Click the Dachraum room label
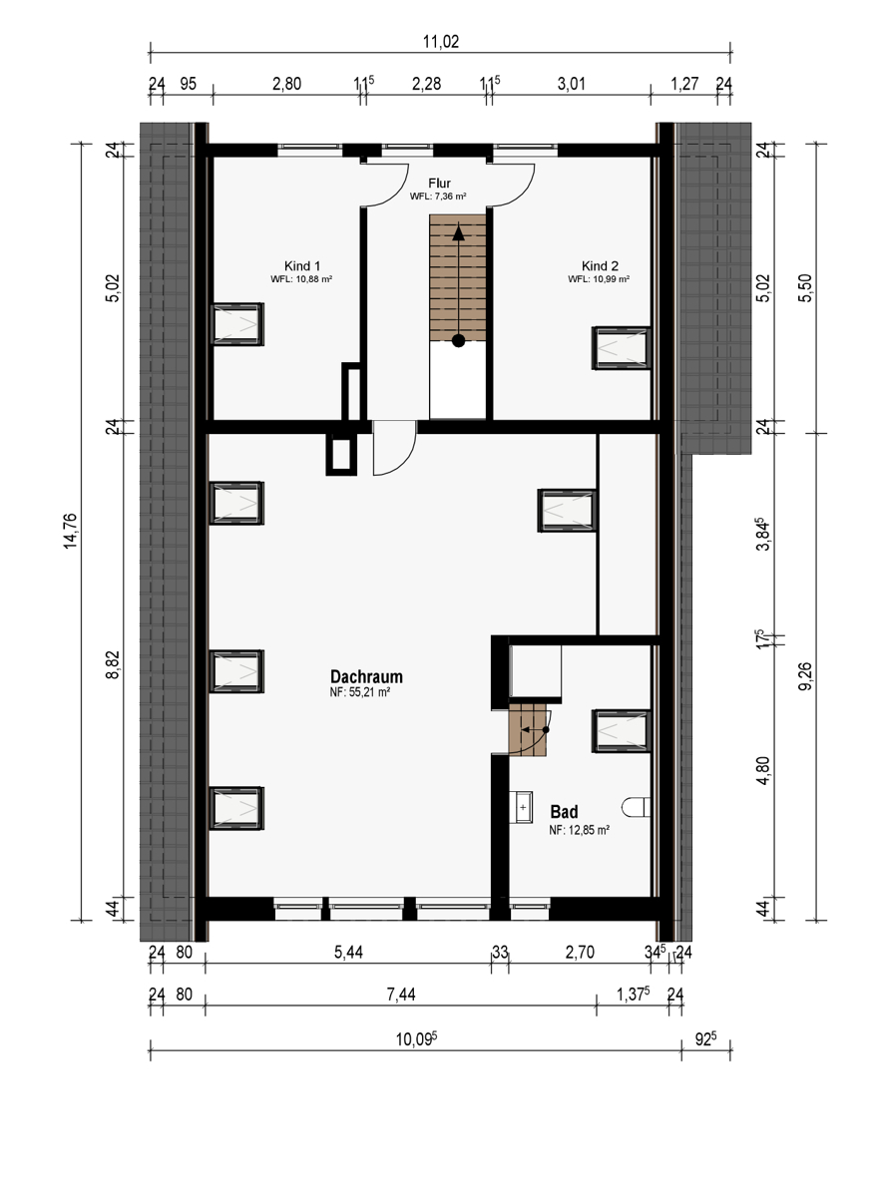coord(366,676)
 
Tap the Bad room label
coord(564,812)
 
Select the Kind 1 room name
coord(302,265)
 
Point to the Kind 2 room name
coord(600,265)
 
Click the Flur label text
coord(439,184)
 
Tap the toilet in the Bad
coord(636,807)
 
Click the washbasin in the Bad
coord(521,807)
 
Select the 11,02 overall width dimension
coord(441,41)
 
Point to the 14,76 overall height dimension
coord(71,531)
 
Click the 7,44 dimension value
coord(401,994)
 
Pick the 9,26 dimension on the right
coord(805,676)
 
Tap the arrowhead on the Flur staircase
coord(459,231)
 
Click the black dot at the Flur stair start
coord(459,340)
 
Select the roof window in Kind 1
coord(236,324)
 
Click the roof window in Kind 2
coord(621,348)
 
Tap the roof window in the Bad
coord(621,731)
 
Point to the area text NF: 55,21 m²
coord(359,692)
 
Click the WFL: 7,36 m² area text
coord(438,197)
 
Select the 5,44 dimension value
coord(348,952)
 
